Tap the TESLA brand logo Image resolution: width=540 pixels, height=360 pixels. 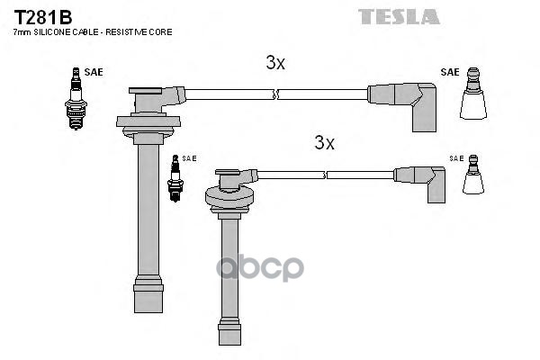[x=399, y=16]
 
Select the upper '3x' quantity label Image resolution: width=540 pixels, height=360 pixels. [x=275, y=63]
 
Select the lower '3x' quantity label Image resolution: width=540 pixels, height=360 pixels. [x=324, y=142]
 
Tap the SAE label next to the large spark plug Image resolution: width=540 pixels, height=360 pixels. [x=94, y=71]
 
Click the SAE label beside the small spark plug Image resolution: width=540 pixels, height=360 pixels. [x=189, y=158]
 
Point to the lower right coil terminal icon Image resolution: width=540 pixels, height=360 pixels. [x=474, y=177]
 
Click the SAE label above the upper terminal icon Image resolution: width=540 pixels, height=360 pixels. [x=450, y=72]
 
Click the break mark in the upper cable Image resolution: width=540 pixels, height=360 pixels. [x=276, y=93]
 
